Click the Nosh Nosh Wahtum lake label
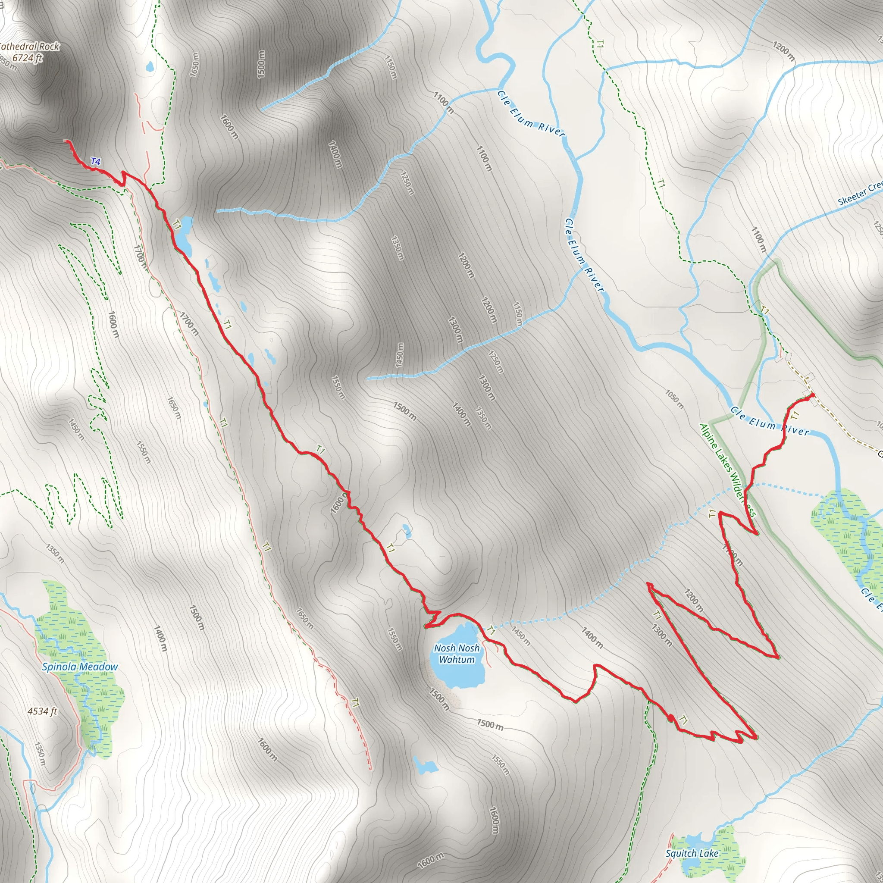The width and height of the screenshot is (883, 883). pos(457,654)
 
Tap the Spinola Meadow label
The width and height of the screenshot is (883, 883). pos(80,667)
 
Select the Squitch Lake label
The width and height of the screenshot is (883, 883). pos(692,853)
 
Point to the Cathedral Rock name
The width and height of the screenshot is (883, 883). pos(29,47)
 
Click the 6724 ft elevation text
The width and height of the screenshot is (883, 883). pos(28,58)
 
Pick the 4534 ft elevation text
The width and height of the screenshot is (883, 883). pos(43,711)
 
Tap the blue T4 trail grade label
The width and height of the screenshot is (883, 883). pos(96,161)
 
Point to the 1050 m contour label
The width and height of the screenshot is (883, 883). pos(675,399)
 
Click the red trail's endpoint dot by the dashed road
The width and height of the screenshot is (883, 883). pos(813,395)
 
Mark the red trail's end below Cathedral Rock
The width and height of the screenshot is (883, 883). pos(68,142)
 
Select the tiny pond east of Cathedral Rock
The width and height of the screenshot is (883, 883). pos(150,67)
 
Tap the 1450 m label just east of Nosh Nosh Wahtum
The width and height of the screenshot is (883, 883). pos(521,636)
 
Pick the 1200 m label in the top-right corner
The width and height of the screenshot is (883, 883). pos(783,51)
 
